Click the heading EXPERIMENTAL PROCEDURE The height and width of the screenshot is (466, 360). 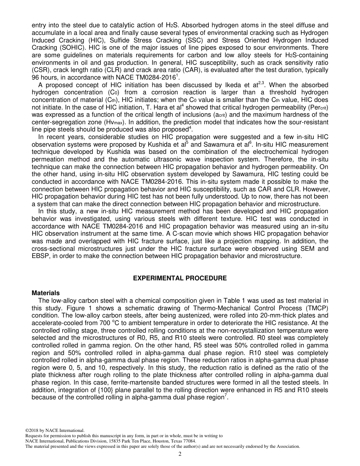pos(180,278)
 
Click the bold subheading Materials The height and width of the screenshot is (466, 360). pos(45,293)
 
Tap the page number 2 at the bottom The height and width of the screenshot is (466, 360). pos(180,454)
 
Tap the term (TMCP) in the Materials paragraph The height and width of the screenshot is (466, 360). pos(317,308)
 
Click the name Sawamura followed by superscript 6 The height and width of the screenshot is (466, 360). pos(233,145)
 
